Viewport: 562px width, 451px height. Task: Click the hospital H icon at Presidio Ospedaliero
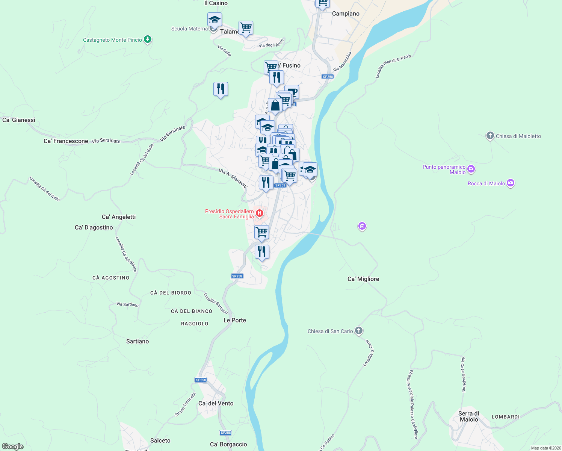click(x=259, y=214)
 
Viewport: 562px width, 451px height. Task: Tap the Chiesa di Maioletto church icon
click(x=490, y=136)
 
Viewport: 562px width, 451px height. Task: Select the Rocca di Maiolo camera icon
click(x=510, y=183)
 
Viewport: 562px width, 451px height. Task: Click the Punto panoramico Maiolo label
click(x=444, y=170)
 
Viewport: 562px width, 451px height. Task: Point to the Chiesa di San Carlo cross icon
click(x=359, y=331)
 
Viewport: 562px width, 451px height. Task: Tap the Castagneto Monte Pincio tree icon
click(x=148, y=39)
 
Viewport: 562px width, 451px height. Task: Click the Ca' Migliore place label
click(x=363, y=279)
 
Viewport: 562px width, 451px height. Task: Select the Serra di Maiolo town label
click(x=468, y=416)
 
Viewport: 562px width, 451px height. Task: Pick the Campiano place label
click(x=346, y=14)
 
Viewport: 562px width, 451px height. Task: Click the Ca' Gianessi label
click(x=19, y=120)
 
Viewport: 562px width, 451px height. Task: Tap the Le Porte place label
click(x=235, y=320)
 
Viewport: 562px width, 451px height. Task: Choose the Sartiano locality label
click(x=137, y=341)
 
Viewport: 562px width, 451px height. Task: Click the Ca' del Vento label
click(x=216, y=403)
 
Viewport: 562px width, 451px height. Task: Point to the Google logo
click(x=12, y=446)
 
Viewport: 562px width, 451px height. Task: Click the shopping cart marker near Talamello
click(x=246, y=27)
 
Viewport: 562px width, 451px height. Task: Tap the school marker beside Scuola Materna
click(x=215, y=20)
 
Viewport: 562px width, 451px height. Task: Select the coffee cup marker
click(x=292, y=91)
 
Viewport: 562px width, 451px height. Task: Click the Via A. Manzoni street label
click(x=233, y=178)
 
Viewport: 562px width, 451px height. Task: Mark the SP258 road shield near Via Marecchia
click(x=328, y=77)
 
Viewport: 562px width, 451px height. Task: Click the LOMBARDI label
click(x=506, y=417)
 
